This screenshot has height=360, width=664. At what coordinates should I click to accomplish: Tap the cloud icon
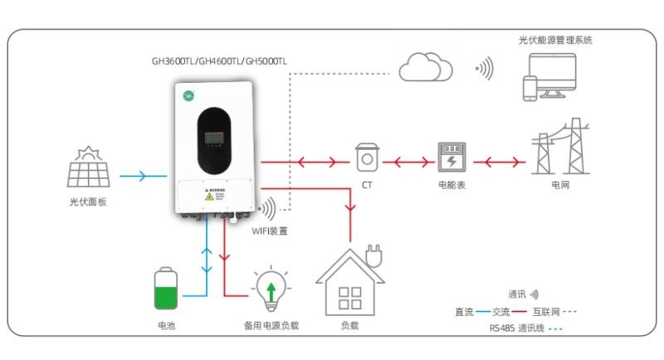(x=426, y=66)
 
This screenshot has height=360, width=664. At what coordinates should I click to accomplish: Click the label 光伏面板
(x=88, y=202)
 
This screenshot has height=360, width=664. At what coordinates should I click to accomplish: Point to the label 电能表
(x=452, y=184)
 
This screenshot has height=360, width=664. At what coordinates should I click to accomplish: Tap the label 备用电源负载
(x=271, y=326)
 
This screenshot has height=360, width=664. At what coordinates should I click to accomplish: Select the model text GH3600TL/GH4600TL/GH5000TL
(x=219, y=61)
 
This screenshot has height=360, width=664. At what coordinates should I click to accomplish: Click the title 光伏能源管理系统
(x=555, y=39)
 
